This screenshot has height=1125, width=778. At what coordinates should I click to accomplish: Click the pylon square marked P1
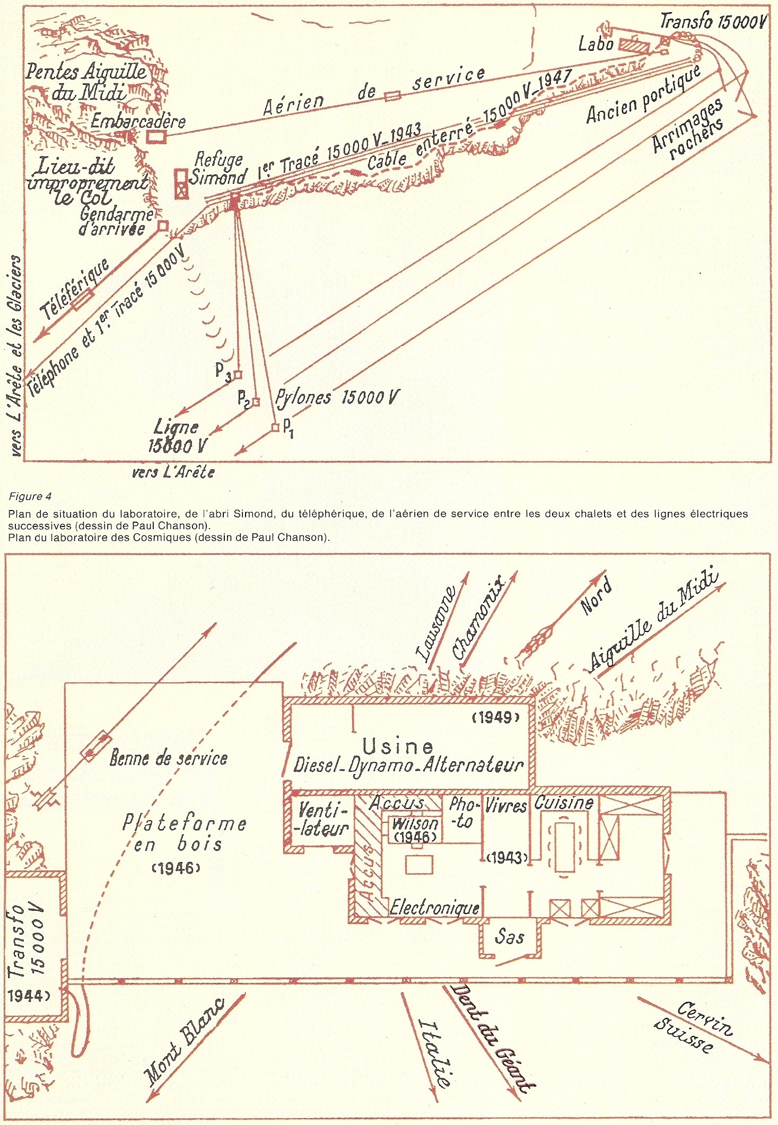275,427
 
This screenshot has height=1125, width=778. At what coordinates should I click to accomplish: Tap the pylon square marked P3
238,375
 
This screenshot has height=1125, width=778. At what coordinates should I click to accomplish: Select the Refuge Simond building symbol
181,183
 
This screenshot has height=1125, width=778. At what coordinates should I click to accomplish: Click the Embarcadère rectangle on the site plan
156,136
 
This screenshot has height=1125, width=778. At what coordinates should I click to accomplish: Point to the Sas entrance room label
509,936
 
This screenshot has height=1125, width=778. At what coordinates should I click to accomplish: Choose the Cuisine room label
563,803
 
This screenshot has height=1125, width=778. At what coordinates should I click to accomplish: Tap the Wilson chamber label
415,824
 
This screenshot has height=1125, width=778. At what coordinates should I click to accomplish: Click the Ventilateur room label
323,820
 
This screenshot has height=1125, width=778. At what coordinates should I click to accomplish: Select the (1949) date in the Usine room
494,718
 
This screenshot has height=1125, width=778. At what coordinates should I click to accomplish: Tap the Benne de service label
168,758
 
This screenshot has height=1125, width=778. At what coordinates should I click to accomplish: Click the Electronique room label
434,908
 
